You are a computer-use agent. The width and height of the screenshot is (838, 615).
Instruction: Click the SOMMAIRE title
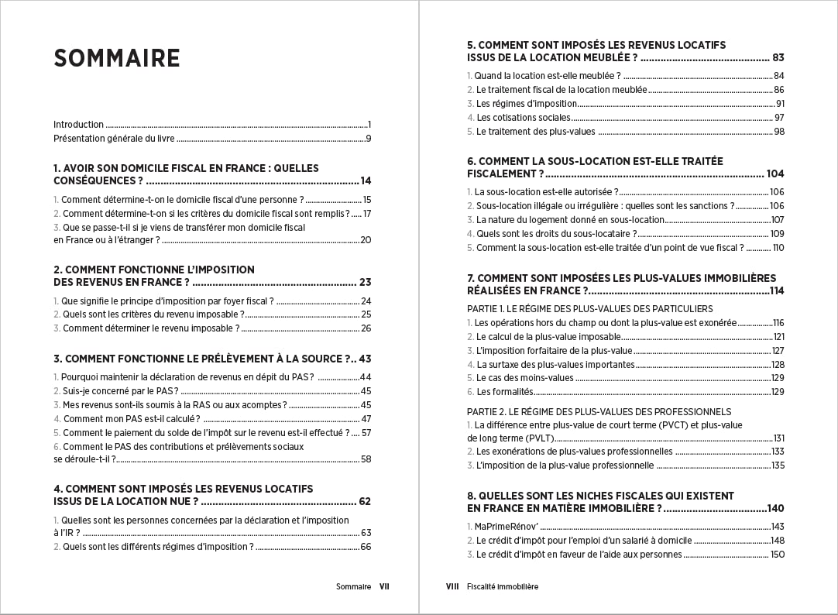pos(117,59)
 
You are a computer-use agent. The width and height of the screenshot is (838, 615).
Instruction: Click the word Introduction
pos(78,125)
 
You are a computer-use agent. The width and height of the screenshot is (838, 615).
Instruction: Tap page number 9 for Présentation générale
pos(369,139)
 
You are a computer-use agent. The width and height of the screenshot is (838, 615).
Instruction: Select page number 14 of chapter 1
pos(366,180)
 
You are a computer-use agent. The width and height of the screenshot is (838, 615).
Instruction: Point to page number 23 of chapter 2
pos(365,282)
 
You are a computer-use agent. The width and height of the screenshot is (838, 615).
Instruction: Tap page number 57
pos(366,433)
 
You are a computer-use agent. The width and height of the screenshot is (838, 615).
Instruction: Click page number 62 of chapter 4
pos(364,501)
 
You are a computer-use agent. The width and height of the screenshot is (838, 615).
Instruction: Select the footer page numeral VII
pos(384,587)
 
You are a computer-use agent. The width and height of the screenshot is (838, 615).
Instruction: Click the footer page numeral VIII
pos(452,587)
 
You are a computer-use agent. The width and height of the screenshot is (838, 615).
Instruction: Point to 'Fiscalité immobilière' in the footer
pos(503,587)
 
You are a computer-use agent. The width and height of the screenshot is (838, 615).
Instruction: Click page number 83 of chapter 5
pos(778,57)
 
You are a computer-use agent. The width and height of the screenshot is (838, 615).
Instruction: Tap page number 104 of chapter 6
pos(775,174)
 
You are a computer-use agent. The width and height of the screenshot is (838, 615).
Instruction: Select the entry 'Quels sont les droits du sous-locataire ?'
pos(557,234)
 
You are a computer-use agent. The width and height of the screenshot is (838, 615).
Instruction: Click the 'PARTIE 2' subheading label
pos(486,412)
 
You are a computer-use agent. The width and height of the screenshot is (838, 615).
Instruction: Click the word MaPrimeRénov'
pos(507,527)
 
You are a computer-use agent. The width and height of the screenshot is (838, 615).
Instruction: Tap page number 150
pos(778,555)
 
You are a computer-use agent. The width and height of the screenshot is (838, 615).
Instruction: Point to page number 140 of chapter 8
pos(775,508)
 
